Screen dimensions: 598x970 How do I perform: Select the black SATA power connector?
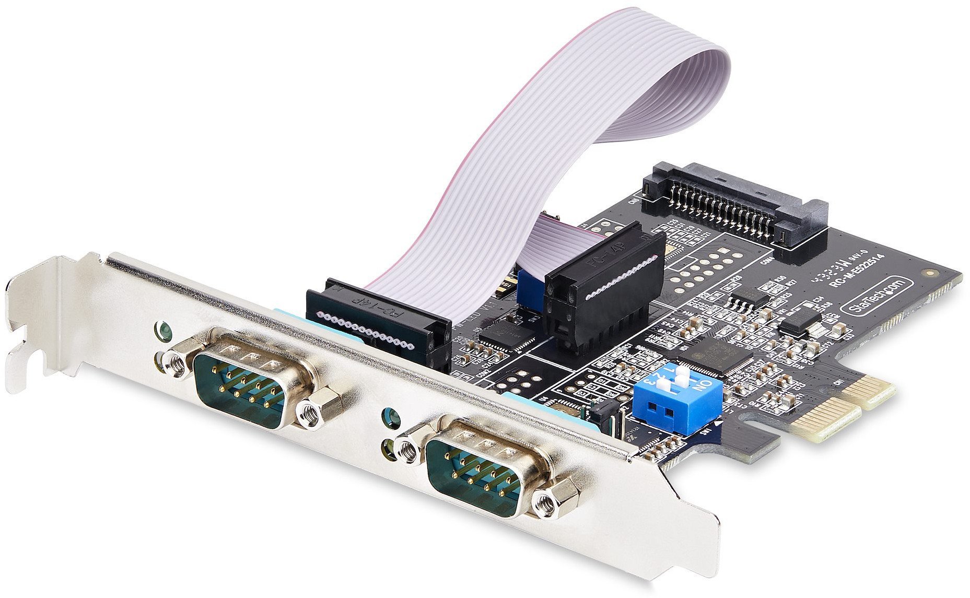[x=737, y=209]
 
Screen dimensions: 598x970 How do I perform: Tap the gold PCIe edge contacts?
[x=841, y=407]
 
